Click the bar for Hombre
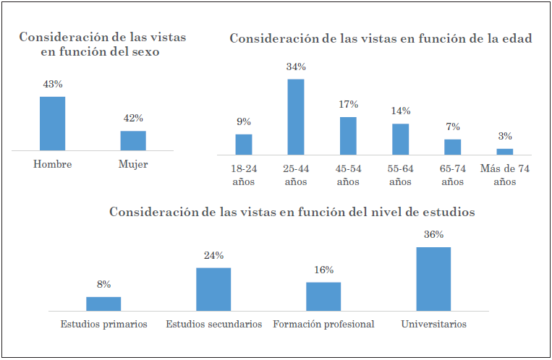tap(52, 123)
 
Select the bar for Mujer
tap(133, 140)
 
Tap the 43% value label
tap(53, 85)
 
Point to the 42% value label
tap(133, 119)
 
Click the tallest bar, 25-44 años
tap(296, 116)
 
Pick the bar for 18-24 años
tap(244, 144)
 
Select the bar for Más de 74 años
tap(504, 151)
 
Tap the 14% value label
tap(401, 111)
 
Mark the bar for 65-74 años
tap(452, 147)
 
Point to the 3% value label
tap(505, 136)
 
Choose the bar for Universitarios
tap(433, 278)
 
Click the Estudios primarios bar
tap(103, 303)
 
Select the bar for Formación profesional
tap(323, 296)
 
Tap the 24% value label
tap(213, 255)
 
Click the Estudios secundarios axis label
tap(213, 325)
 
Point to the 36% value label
tap(433, 235)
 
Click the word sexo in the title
tap(144, 52)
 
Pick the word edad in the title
tap(517, 39)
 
